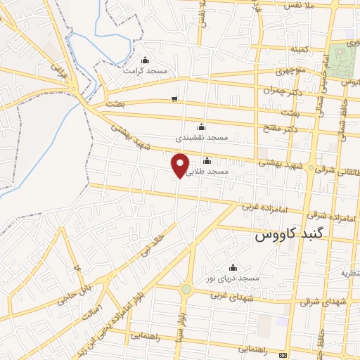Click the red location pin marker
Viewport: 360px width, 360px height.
point(181,165)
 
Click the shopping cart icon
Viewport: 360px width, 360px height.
point(174,99)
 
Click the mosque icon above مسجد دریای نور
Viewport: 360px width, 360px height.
point(233,268)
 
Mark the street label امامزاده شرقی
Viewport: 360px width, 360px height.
point(327,214)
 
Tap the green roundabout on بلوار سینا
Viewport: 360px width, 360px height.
point(186,289)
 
